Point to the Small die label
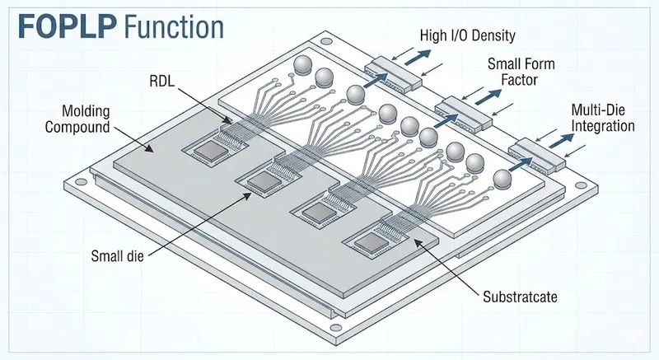coord(117,255)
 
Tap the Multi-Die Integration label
coord(602,119)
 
